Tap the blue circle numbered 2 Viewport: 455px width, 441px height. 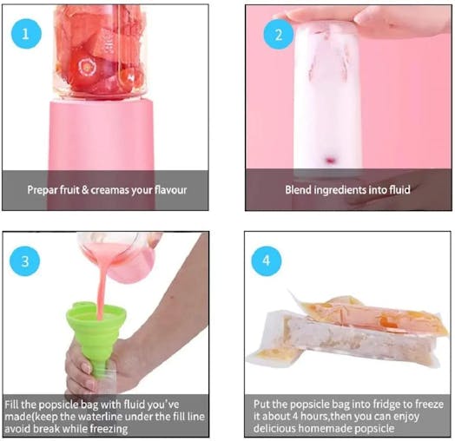[279, 36]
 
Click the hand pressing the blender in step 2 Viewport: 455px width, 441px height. [365, 19]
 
